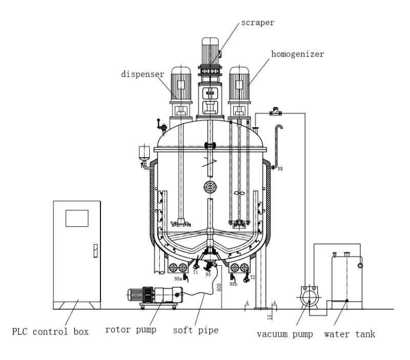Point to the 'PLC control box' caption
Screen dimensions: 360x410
point(51,331)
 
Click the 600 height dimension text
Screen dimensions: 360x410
point(219,288)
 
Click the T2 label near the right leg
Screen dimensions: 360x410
point(252,277)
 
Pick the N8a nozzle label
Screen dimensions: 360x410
point(178,279)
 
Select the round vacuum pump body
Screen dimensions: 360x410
point(307,297)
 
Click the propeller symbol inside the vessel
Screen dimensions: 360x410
point(237,193)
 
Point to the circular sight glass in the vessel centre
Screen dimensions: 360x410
point(208,186)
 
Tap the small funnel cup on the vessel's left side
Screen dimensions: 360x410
point(143,153)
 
